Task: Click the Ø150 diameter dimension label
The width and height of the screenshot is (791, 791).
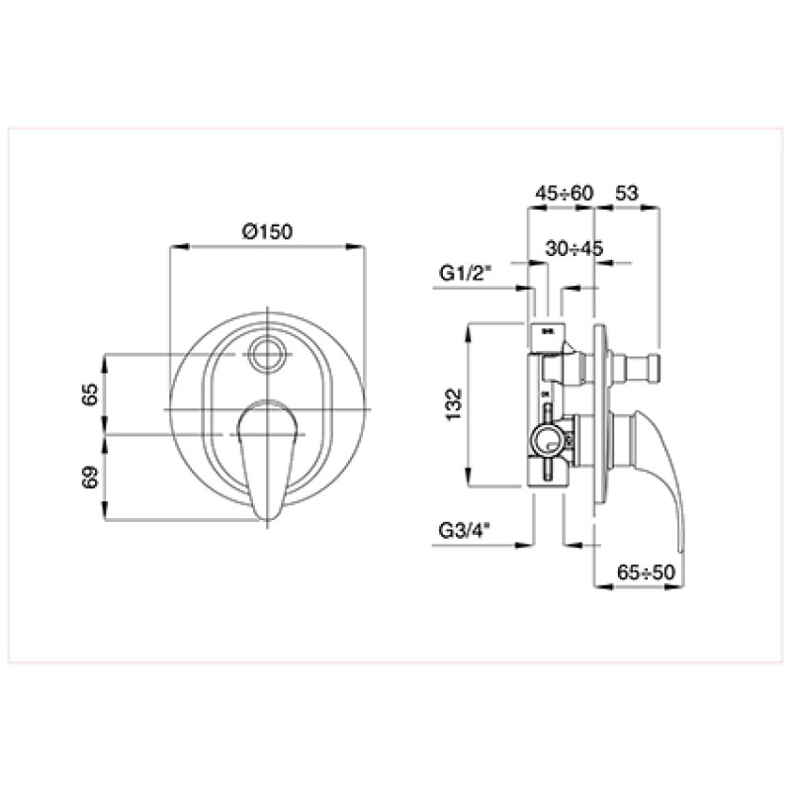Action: click(267, 231)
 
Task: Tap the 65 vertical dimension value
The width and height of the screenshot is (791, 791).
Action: click(90, 394)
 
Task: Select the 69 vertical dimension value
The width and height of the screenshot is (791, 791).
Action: click(90, 477)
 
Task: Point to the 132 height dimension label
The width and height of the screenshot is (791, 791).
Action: click(454, 403)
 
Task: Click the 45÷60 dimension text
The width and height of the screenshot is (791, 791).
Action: click(565, 193)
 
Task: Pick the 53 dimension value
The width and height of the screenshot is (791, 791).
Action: click(627, 193)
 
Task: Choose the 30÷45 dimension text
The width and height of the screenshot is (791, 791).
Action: click(574, 248)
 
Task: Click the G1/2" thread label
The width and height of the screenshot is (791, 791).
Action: click(465, 273)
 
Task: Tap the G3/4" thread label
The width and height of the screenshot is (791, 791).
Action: click(465, 530)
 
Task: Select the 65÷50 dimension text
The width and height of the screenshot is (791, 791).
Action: click(646, 572)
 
